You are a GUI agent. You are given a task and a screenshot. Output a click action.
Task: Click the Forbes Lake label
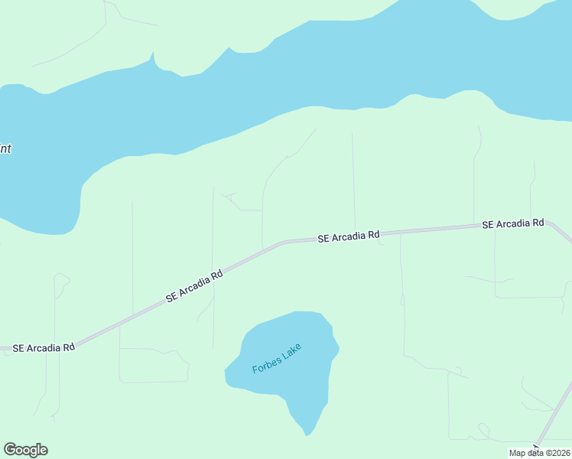[277, 358]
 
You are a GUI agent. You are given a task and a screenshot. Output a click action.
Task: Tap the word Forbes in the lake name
[268, 363]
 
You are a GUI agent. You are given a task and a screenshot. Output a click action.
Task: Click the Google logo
[25, 450]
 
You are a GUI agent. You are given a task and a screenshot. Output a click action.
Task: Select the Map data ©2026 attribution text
[540, 453]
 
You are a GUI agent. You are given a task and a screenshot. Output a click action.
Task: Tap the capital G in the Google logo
[10, 450]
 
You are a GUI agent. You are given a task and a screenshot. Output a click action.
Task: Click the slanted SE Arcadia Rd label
[194, 285]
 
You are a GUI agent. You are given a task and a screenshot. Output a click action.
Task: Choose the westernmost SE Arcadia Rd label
[43, 347]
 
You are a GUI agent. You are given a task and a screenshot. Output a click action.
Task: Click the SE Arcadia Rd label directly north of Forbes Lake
[349, 237]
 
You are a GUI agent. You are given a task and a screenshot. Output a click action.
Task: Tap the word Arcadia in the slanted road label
[197, 284]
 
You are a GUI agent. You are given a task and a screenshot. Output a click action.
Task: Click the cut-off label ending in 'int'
[5, 149]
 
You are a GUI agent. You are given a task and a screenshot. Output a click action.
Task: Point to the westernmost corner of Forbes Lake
[226, 373]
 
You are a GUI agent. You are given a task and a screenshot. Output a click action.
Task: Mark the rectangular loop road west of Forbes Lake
[153, 366]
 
